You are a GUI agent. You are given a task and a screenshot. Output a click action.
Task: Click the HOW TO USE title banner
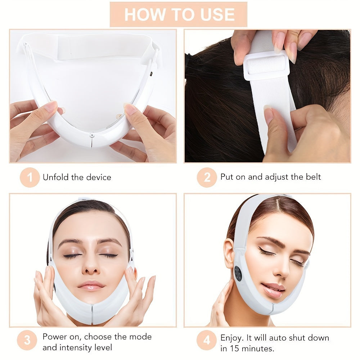pyautogui.click(x=179, y=14)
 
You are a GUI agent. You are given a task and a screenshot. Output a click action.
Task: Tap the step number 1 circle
pyautogui.click(x=30, y=177)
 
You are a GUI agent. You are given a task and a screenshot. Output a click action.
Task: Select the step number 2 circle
pyautogui.click(x=207, y=177)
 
